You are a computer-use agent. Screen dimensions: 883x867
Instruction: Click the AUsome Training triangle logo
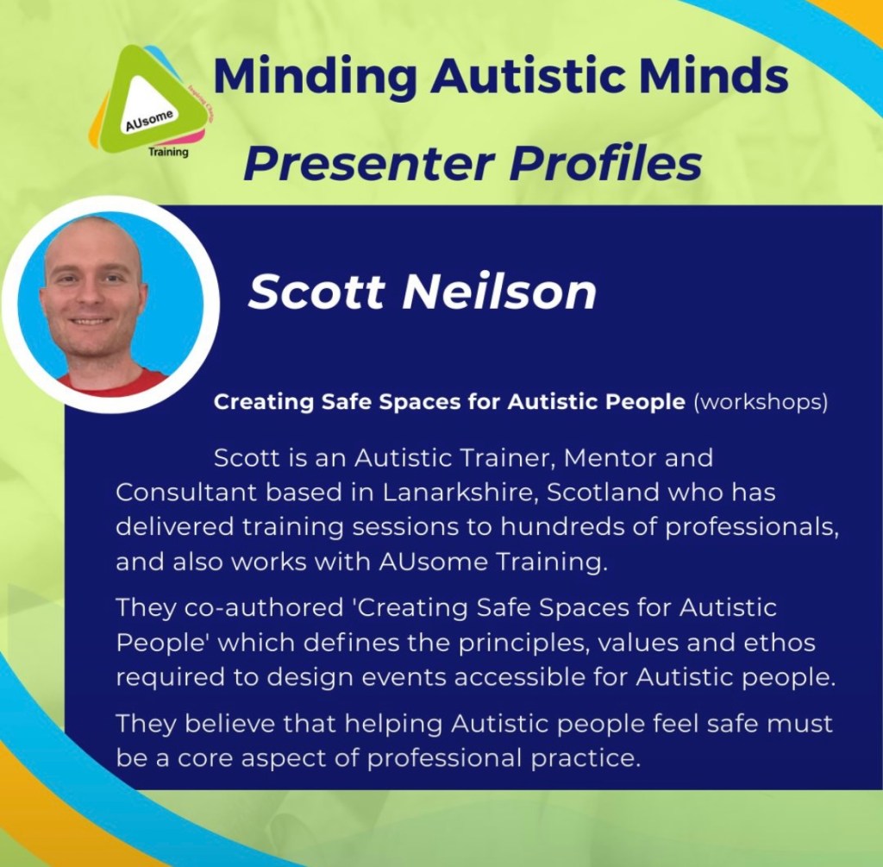point(148,102)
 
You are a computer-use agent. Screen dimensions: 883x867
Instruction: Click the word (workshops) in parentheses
point(761,402)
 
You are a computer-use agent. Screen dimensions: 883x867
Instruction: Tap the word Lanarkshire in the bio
point(460,493)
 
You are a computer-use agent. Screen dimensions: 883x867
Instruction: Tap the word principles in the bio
point(523,644)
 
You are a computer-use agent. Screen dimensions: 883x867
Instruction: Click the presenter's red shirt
point(113,382)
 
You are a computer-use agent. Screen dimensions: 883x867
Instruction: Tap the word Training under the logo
point(168,152)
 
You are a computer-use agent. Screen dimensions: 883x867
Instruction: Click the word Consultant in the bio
point(186,493)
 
